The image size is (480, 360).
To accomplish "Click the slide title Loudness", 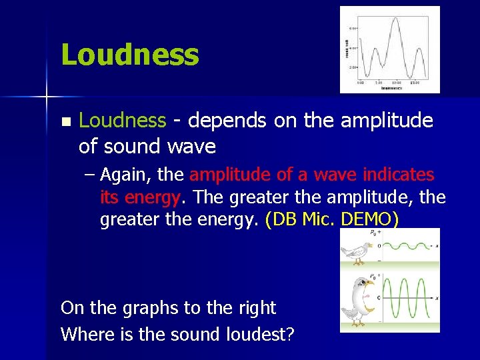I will pyautogui.click(x=129, y=55).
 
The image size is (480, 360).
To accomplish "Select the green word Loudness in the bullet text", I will pyautogui.click(x=122, y=121).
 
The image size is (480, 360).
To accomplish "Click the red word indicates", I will pyautogui.click(x=399, y=175).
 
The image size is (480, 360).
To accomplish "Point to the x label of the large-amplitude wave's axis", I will pyautogui.click(x=436, y=298).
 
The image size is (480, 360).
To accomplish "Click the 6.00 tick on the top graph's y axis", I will pyautogui.click(x=353, y=29).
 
